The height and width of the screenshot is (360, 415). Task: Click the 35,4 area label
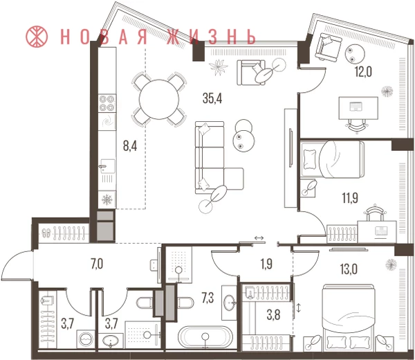pyautogui.click(x=212, y=98)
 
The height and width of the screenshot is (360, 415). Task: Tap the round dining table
pyautogui.click(x=159, y=100)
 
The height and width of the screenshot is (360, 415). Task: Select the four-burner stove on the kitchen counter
pyautogui.click(x=107, y=103)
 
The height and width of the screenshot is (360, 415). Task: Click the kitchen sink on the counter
pyautogui.click(x=107, y=166)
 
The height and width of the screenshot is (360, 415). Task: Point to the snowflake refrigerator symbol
pyautogui.click(x=107, y=199)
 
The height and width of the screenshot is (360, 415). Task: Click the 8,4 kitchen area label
pyautogui.click(x=130, y=146)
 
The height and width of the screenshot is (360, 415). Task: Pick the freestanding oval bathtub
pyautogui.click(x=204, y=336)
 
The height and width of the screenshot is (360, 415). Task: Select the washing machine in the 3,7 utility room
pyautogui.click(x=86, y=339)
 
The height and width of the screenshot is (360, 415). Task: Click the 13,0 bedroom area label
pyautogui.click(x=349, y=270)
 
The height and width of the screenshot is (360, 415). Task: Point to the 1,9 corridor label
pyautogui.click(x=266, y=264)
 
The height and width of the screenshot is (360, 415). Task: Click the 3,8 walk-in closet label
pyautogui.click(x=273, y=316)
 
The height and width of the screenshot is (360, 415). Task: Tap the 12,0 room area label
pyautogui.click(x=363, y=72)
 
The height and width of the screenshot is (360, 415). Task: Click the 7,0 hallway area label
pyautogui.click(x=97, y=264)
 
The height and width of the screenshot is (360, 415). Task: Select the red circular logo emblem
pyautogui.click(x=37, y=37)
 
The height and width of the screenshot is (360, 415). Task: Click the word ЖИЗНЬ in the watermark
pyautogui.click(x=212, y=37)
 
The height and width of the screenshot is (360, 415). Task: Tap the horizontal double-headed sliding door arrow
pyautogui.click(x=259, y=238)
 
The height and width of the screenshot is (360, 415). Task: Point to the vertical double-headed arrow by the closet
pyautogui.click(x=299, y=307)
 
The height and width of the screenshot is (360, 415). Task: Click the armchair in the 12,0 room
pyautogui.click(x=328, y=46)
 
